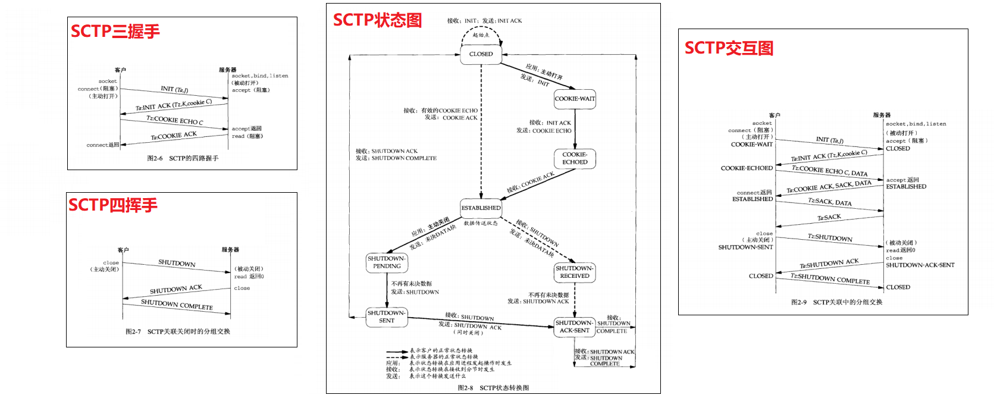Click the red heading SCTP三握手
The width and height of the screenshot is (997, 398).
115,31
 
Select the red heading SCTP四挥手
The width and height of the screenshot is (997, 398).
113,205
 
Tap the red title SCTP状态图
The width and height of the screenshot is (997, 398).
377,20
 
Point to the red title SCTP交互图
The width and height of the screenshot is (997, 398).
729,48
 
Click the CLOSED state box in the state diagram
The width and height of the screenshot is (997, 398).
481,54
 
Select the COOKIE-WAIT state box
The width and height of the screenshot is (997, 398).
575,99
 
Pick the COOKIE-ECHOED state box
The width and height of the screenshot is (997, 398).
575,158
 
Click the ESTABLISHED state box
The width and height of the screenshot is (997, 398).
481,208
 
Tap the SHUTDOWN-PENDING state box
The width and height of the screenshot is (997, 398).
387,262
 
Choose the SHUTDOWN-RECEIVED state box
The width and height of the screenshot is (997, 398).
575,272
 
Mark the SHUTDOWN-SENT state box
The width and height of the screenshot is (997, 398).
387,316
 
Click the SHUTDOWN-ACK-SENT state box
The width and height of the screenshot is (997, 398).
574,327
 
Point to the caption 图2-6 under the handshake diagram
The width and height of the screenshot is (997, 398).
183,158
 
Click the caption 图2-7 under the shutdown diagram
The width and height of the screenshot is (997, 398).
177,331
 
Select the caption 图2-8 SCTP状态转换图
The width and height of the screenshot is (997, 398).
493,388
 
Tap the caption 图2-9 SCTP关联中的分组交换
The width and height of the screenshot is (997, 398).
836,302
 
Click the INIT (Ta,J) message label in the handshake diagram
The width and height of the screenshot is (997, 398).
174,89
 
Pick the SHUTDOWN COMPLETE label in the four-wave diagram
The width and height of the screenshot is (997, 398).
177,305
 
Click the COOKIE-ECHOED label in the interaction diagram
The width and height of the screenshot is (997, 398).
747,168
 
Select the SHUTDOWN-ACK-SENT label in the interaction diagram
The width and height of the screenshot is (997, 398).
920,265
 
